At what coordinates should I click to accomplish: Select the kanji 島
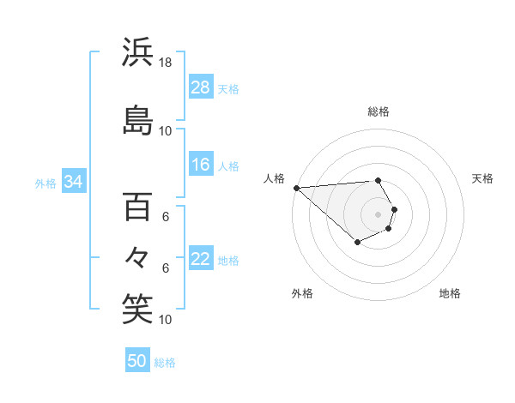tap(137, 121)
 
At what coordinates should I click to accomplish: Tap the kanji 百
tap(137, 207)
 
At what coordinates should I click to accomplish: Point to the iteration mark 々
tap(137, 255)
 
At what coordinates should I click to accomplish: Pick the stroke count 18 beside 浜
tap(166, 63)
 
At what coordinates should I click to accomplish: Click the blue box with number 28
tap(201, 87)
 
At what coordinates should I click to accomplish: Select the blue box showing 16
tap(201, 165)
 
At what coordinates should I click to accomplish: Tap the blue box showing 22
tap(201, 260)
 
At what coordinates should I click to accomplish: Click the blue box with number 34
tap(74, 182)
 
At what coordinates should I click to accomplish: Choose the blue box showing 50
tap(137, 361)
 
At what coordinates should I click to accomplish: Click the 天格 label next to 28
tap(228, 88)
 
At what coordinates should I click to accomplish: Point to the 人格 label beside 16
tap(228, 166)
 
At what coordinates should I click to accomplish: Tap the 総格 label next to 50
tap(165, 363)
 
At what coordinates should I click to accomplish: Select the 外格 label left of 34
tap(45, 183)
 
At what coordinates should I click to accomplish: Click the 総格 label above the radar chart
tap(379, 111)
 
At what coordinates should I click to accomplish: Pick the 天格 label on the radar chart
tap(483, 178)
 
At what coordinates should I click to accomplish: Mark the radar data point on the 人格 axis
tap(296, 187)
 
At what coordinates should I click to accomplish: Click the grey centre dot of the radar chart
tap(379, 214)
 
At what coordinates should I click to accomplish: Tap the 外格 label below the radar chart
tap(302, 293)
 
